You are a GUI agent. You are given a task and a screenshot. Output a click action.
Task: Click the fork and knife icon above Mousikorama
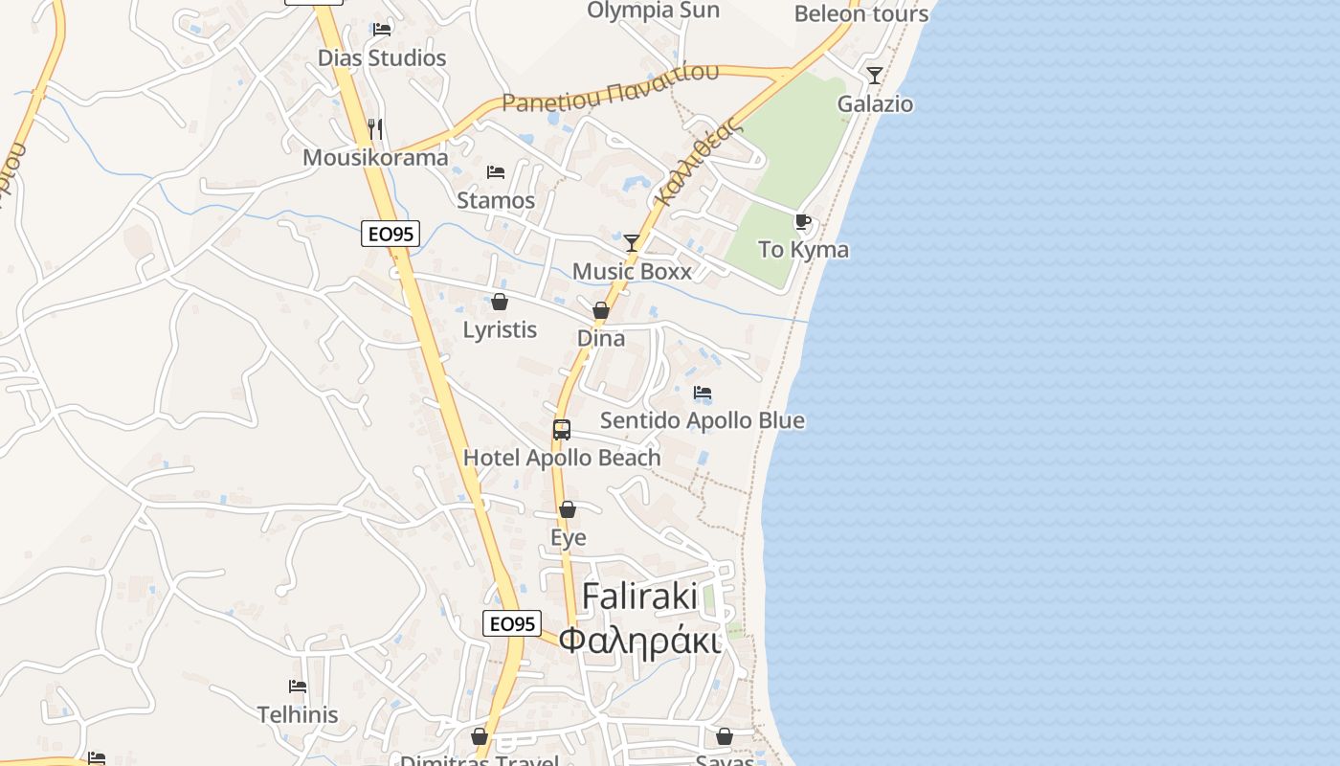pos(376,128)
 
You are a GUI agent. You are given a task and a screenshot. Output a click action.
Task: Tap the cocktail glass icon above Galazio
pos(875,75)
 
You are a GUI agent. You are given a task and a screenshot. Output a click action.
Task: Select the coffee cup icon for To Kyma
pos(803,222)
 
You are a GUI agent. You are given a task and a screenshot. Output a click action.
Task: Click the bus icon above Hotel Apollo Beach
pos(562,430)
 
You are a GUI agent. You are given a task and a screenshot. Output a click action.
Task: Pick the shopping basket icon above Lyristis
pos(500,303)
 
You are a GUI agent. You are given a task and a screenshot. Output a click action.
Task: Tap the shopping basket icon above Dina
pos(601,310)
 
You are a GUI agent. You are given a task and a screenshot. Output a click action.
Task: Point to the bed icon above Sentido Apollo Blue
pos(703,393)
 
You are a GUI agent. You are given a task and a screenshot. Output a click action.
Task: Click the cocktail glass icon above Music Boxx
pos(632,242)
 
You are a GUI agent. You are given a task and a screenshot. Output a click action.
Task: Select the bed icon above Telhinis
pos(298,687)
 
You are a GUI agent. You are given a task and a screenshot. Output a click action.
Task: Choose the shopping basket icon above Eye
pos(568,509)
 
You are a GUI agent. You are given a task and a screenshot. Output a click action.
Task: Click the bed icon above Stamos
pos(496,172)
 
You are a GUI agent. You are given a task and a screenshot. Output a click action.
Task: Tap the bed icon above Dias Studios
pos(382,29)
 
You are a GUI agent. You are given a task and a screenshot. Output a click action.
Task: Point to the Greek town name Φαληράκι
pos(639,641)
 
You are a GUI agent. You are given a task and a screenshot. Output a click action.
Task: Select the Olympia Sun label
pos(653,11)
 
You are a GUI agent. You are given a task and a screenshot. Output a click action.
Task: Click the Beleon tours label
pos(861,14)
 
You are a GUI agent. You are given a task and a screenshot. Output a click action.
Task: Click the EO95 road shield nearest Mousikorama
pos(391,234)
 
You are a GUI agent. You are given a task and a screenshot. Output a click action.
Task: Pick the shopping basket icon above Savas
pos(725,736)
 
